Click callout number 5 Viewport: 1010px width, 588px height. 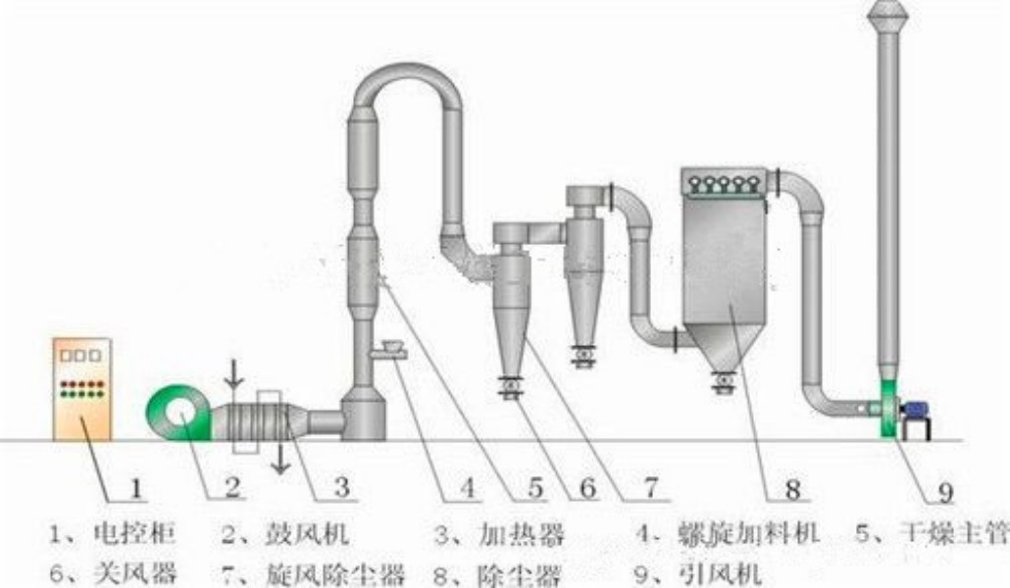pyautogui.click(x=536, y=486)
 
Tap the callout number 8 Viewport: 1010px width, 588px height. pyautogui.click(x=792, y=486)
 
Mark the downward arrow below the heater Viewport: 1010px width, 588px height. pyautogui.click(x=278, y=458)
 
